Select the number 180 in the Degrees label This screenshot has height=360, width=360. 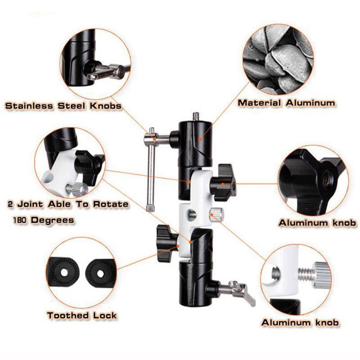20,220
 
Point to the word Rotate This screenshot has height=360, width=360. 111,204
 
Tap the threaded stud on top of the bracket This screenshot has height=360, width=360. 196,117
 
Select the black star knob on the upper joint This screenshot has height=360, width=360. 222,182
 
